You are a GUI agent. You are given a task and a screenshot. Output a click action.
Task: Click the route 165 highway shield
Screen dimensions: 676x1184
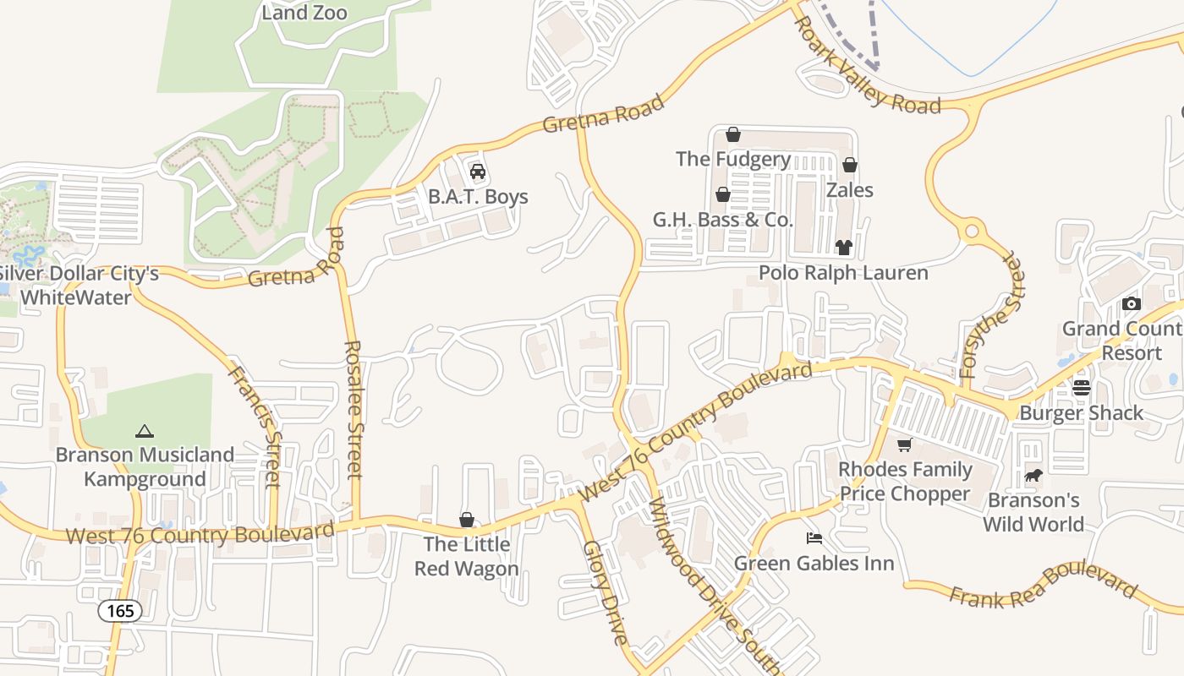click(x=120, y=610)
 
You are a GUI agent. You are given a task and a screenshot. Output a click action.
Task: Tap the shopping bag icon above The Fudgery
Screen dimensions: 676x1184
click(x=733, y=134)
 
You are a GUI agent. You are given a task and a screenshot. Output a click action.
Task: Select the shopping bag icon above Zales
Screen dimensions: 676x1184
click(x=850, y=165)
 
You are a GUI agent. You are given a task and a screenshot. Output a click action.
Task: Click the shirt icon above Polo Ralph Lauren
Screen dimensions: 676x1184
click(x=843, y=247)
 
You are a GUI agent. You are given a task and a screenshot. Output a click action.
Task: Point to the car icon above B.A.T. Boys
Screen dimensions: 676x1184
click(x=478, y=172)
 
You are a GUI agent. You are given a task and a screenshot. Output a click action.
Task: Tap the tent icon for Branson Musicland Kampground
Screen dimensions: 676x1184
click(x=145, y=430)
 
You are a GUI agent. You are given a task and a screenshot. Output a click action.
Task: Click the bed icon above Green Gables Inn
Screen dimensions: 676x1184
click(x=814, y=537)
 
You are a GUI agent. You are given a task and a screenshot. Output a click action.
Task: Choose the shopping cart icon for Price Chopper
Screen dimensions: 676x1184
click(x=905, y=444)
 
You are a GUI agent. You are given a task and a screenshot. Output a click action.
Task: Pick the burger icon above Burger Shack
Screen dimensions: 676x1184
click(x=1082, y=388)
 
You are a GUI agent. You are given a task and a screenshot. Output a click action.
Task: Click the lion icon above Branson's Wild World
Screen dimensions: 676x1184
click(x=1033, y=476)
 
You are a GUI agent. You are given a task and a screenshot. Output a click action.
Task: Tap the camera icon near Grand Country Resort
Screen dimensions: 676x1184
click(x=1131, y=303)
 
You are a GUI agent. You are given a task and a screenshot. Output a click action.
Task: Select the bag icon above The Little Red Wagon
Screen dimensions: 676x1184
click(x=466, y=519)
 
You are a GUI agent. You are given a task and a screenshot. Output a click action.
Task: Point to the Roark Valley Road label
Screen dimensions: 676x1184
click(x=869, y=67)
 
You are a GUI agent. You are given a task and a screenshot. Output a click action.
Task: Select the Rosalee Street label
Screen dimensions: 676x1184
click(x=354, y=409)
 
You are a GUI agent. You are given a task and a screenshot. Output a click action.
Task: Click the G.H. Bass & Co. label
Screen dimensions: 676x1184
click(x=723, y=221)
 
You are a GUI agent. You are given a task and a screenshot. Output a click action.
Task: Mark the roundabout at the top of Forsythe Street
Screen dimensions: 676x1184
click(x=972, y=231)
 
